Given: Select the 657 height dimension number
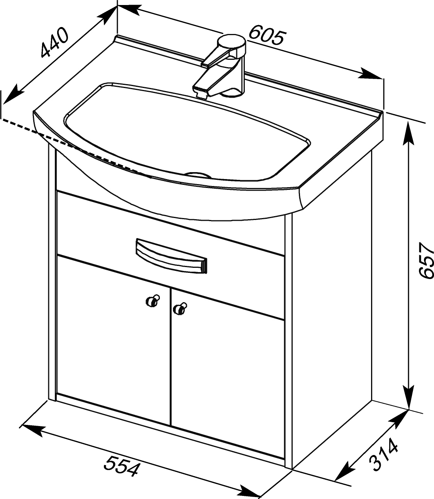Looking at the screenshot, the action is click(x=426, y=260).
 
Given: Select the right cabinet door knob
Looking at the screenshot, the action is click(x=180, y=309).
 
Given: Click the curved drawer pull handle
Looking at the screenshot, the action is click(x=171, y=255).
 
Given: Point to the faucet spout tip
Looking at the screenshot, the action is click(x=202, y=94).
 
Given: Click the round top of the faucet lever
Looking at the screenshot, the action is click(x=232, y=41).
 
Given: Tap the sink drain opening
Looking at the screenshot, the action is click(x=198, y=174).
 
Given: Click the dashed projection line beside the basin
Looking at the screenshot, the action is click(x=76, y=148).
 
